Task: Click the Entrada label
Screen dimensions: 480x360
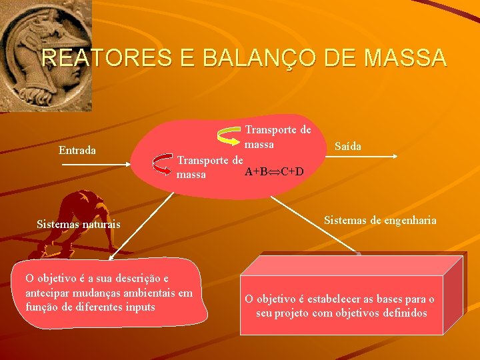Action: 77,150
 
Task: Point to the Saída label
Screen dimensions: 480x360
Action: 348,146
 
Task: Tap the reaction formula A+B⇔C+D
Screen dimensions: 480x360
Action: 274,172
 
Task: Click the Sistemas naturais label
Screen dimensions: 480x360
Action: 79,224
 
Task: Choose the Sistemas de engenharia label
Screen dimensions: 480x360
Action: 380,220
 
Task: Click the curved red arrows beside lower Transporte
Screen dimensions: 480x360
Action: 163,167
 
